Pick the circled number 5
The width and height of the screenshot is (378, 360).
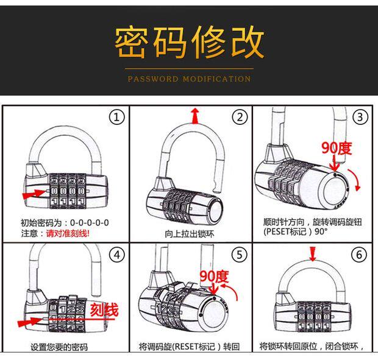point(241,254)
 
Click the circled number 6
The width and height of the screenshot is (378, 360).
point(361,254)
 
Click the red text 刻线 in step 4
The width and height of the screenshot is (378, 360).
point(104,310)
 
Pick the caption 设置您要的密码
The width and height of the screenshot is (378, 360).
point(59,347)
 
